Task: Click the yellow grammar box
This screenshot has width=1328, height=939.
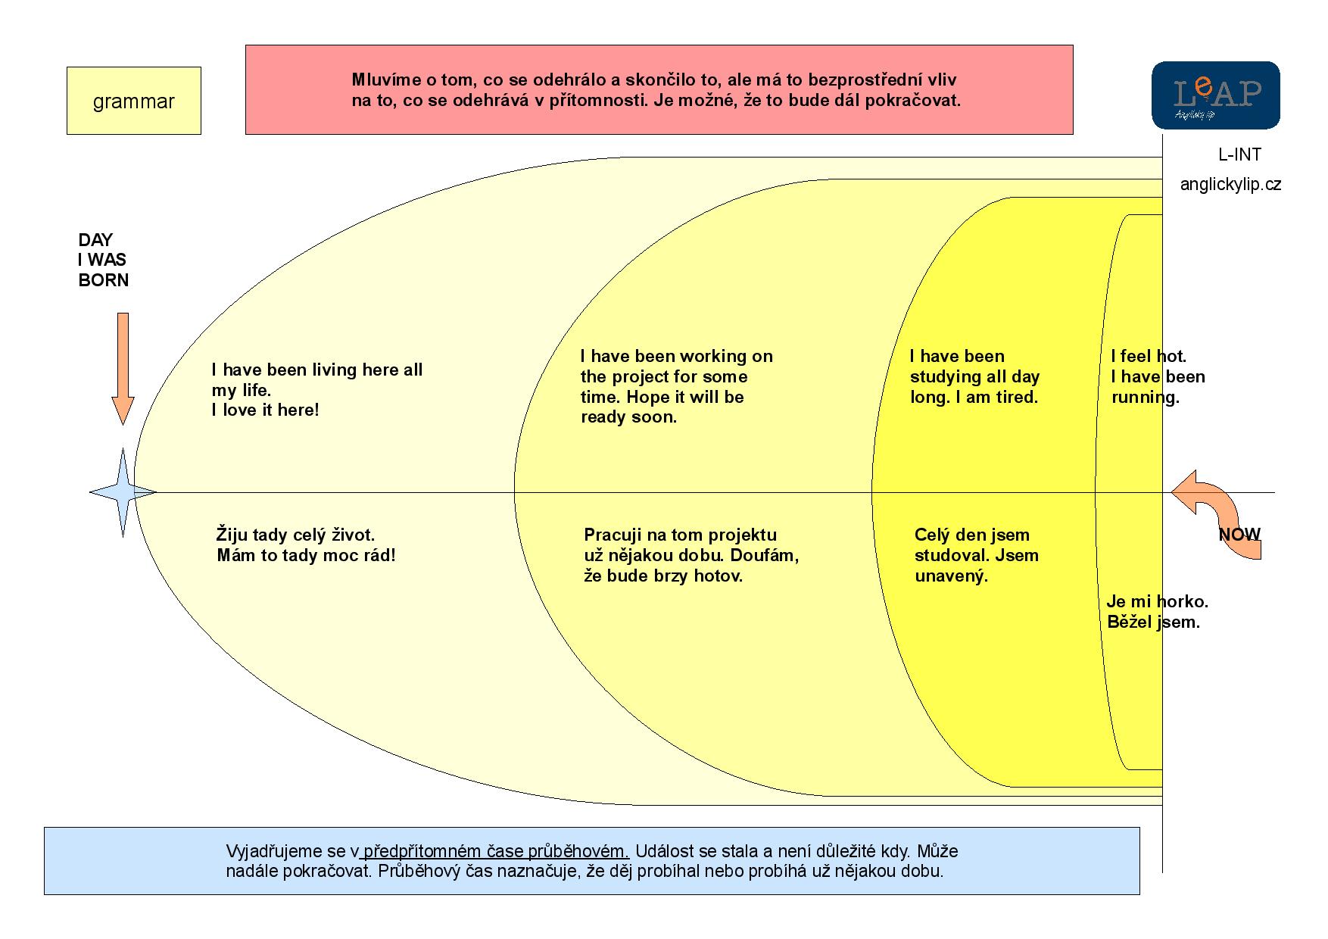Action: point(133,101)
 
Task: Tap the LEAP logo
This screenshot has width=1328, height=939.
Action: point(1215,95)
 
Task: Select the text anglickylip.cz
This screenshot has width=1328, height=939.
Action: point(1230,184)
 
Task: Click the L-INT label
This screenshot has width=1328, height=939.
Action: point(1239,154)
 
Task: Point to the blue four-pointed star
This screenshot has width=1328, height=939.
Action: point(123,492)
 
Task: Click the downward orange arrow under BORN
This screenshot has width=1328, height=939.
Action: point(123,367)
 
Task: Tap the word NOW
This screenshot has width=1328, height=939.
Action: point(1239,535)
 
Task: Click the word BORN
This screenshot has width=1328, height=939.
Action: point(104,280)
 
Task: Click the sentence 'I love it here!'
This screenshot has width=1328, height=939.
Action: point(265,410)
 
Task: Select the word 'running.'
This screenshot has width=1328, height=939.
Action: point(1145,398)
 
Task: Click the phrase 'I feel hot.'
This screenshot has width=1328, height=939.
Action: point(1148,356)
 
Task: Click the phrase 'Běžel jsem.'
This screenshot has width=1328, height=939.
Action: point(1153,622)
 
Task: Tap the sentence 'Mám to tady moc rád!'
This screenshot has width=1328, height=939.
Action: point(306,556)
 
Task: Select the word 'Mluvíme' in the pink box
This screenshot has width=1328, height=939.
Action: point(383,80)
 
